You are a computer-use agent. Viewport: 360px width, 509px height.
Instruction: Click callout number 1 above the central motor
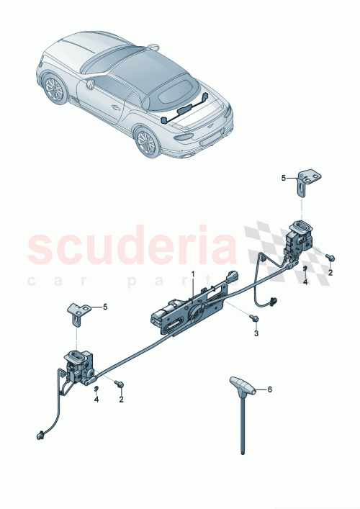point(192,274)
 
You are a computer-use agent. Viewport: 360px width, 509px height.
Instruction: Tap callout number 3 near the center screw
point(255,333)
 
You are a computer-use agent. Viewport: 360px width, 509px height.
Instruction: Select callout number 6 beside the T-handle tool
point(270,389)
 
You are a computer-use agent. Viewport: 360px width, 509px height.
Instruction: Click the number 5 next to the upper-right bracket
point(284,177)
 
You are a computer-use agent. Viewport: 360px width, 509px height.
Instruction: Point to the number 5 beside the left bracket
point(104,307)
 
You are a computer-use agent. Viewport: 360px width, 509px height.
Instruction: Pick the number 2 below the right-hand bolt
point(330,273)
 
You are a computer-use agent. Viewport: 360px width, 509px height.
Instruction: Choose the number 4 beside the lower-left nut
point(97,400)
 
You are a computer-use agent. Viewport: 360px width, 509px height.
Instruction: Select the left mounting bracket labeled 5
point(78,311)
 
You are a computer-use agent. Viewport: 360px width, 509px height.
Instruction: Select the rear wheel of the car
point(146,142)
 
